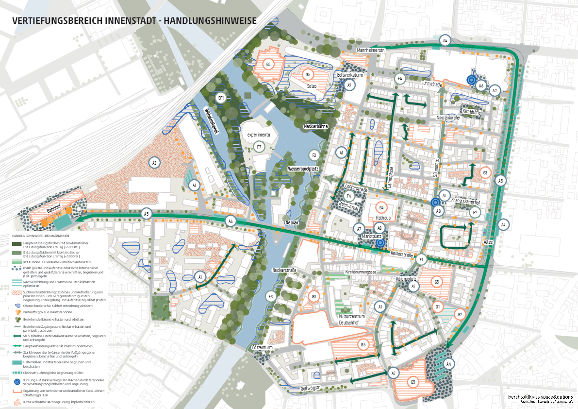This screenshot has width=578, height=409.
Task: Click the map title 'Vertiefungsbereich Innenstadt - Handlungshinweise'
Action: click(134, 21)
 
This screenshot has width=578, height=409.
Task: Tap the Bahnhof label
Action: click(53, 212)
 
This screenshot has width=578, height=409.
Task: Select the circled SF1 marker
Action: click(221, 98)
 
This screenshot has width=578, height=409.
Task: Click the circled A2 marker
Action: click(154, 163)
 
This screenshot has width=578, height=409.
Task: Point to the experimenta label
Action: click(258, 134)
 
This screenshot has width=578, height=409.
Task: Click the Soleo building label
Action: click(311, 86)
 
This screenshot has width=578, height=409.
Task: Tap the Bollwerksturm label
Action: click(349, 75)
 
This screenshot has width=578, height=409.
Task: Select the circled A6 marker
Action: click(480, 86)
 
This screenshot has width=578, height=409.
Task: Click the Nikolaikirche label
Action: click(447, 118)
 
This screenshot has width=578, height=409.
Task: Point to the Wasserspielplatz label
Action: click(303, 169)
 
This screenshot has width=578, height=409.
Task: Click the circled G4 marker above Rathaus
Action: click(381, 207)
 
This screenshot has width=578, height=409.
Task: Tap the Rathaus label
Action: click(383, 218)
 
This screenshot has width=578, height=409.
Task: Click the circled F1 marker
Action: click(421, 259)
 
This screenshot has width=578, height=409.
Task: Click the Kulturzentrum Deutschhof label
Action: click(352, 320)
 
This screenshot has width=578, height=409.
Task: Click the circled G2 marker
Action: click(459, 314)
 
